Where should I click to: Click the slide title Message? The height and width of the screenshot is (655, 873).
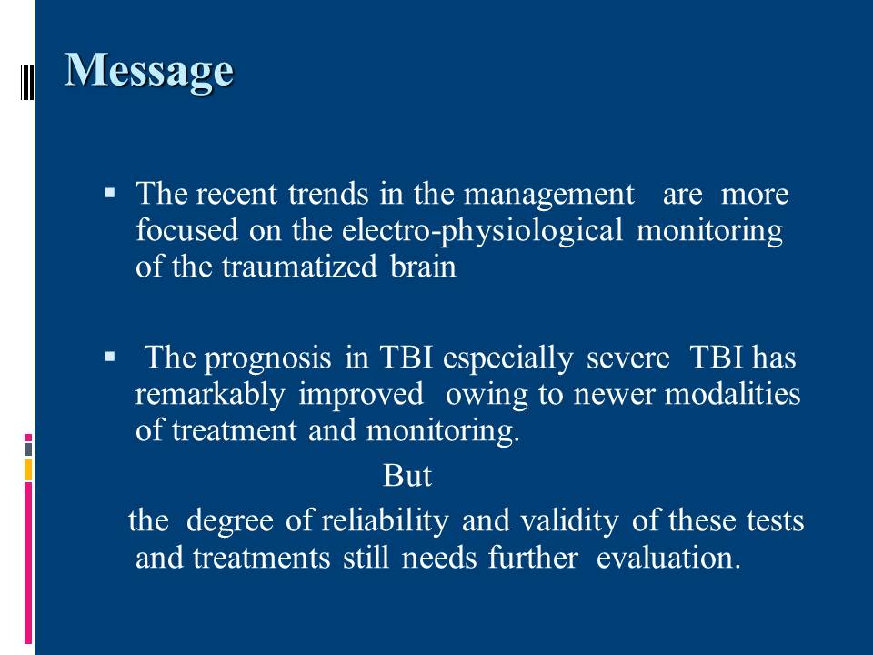tap(148, 71)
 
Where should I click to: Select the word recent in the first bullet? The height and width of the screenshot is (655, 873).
tap(236, 195)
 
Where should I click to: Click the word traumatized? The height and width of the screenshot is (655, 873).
tap(299, 267)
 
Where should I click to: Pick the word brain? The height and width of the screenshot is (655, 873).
tap(423, 267)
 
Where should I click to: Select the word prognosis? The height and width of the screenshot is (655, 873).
tap(267, 359)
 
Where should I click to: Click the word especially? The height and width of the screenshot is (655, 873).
tap(507, 359)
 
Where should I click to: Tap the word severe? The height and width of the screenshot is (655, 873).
tap(627, 358)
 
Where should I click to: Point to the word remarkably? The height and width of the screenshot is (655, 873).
tap(210, 394)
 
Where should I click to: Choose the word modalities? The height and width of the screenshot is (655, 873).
tap(733, 394)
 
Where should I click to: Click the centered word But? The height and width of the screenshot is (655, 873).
tap(407, 476)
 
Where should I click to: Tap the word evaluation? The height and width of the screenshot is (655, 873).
tap(668, 558)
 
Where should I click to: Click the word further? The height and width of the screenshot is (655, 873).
tap(533, 558)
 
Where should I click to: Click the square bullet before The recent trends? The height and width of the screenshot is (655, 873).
tap(110, 194)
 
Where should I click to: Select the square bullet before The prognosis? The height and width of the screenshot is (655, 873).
tap(110, 357)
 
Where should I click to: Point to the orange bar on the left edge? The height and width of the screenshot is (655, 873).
tap(28, 469)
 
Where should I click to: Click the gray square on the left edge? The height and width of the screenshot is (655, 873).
tap(28, 449)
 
